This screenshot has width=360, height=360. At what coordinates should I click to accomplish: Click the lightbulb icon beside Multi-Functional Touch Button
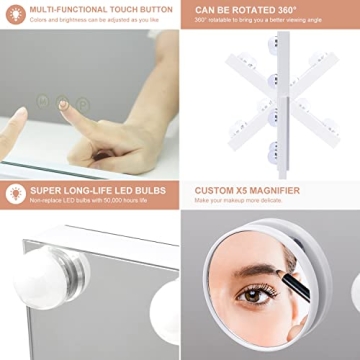point(13,13)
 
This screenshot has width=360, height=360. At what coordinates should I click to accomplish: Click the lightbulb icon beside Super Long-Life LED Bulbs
point(13,193)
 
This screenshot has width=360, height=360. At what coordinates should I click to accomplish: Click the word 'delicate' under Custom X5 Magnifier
point(268,200)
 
